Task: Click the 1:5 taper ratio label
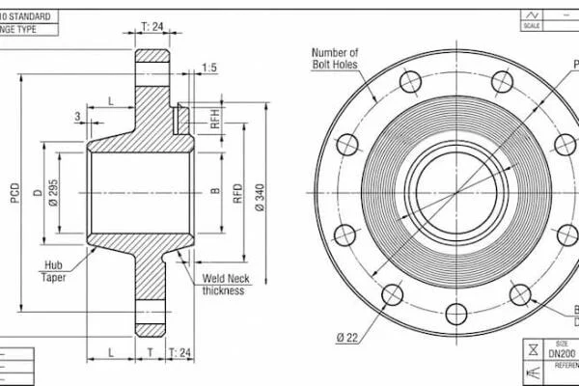209,67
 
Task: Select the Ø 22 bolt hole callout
347,336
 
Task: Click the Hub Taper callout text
53,271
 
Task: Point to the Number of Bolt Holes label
335,59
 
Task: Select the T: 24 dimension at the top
152,26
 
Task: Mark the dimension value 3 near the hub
77,117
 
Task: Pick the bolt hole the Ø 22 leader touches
392,294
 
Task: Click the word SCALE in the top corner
530,26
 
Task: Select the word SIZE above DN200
563,344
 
